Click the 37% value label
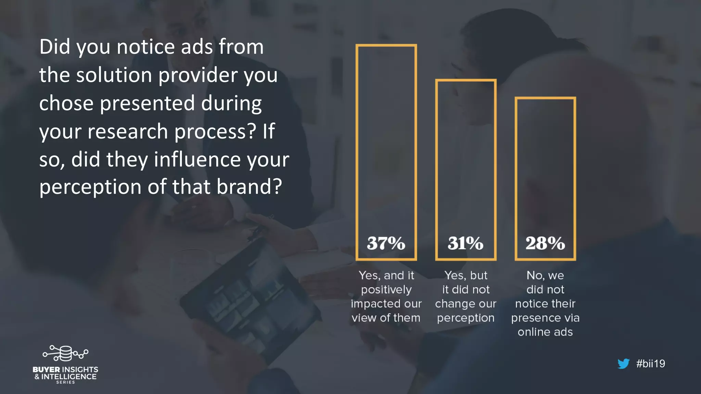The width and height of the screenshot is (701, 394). coord(386,243)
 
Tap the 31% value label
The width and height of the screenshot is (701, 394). coord(466,243)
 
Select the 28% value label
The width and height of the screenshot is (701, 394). coord(545,243)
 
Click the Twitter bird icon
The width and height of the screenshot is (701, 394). coord(623,364)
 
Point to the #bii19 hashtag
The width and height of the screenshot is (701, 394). coord(650,364)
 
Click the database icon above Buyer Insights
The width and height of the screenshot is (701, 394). coord(65,353)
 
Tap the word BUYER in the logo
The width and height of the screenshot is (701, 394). coord(46,370)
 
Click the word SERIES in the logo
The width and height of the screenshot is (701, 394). coord(65,382)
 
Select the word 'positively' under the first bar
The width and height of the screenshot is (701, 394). coord(386,290)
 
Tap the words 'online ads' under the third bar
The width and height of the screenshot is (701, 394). coord(545,332)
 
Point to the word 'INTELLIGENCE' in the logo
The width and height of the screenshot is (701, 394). coord(69,377)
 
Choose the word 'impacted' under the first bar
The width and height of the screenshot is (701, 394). coord(375,304)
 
